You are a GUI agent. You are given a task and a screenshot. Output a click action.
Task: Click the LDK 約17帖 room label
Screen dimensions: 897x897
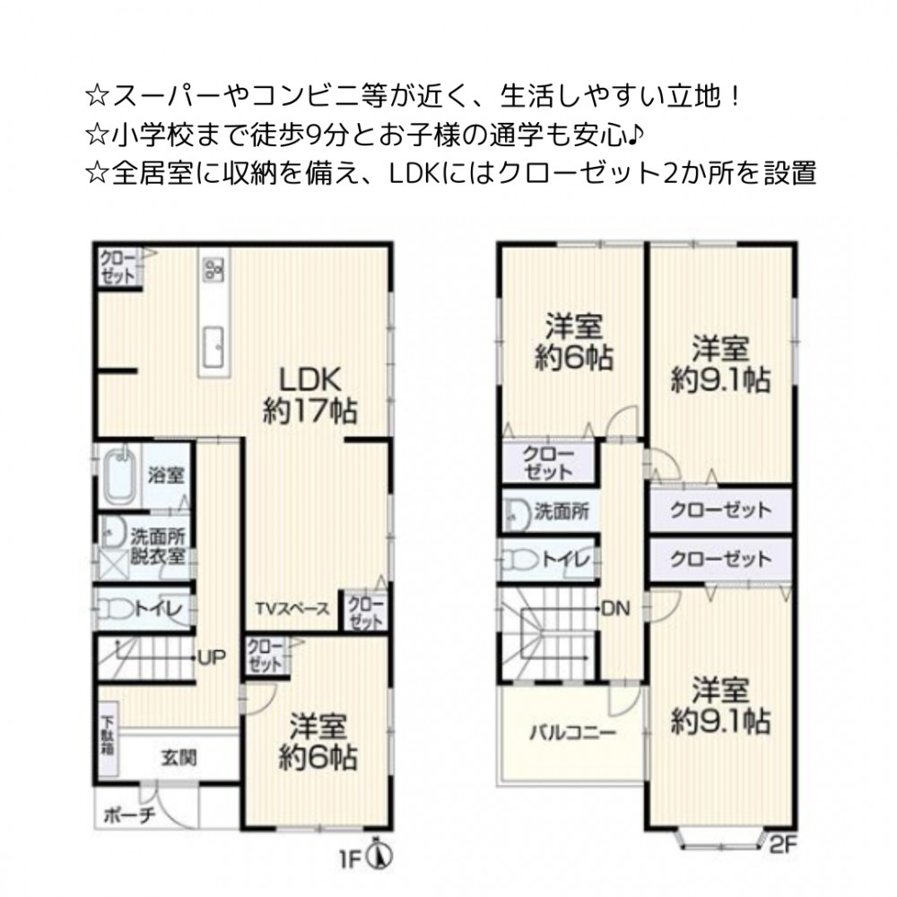(310, 396)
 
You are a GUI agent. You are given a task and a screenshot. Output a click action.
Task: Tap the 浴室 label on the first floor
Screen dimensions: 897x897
(166, 475)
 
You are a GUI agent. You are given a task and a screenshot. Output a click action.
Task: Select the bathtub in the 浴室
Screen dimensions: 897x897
(120, 475)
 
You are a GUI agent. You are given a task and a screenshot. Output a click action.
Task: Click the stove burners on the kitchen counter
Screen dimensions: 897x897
(214, 270)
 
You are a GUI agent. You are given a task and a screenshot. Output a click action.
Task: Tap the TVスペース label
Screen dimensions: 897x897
(293, 609)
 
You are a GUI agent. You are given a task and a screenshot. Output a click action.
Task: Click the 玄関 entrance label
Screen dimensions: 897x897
(179, 758)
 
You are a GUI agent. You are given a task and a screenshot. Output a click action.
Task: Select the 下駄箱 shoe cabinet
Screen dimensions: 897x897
(109, 738)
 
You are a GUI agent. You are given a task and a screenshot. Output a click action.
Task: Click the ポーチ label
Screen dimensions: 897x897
(129, 815)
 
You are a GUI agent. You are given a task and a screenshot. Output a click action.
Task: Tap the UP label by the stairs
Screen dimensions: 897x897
(212, 658)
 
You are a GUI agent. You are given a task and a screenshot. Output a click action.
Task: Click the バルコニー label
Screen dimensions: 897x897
(572, 733)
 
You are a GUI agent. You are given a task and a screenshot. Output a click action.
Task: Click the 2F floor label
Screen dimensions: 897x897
(783, 845)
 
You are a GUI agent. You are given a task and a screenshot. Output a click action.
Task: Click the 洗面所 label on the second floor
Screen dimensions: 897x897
(562, 511)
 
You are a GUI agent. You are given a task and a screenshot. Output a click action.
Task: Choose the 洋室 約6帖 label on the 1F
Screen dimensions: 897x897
(318, 742)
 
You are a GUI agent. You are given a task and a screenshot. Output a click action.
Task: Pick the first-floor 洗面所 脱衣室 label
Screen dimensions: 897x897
(158, 545)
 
